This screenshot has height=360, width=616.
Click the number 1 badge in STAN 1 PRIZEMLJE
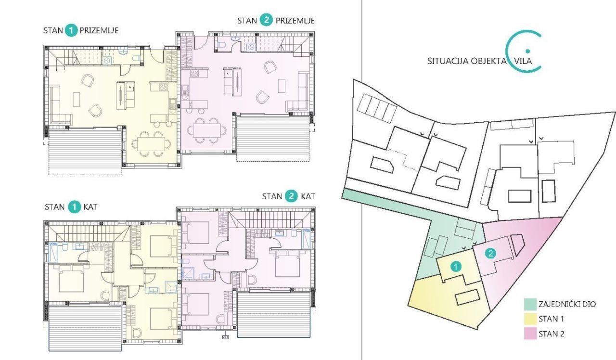click(71, 31)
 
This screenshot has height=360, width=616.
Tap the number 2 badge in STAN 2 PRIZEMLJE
click(265, 20)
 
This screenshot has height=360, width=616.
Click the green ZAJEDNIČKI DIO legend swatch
click(530, 304)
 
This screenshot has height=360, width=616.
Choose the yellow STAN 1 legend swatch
click(530, 319)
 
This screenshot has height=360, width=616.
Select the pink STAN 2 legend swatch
click(530, 334)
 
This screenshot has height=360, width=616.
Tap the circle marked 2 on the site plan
click(489, 254)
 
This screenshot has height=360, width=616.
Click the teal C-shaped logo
click(524, 51)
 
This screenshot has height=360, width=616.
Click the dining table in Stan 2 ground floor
click(207, 129)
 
